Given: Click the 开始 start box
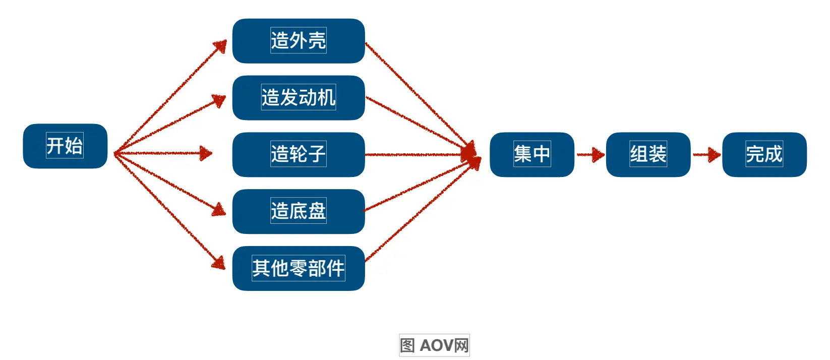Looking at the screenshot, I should (x=65, y=146).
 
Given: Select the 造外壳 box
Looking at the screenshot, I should (x=298, y=41).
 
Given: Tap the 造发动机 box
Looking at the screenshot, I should (x=298, y=98).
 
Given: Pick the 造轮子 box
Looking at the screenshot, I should (x=298, y=154).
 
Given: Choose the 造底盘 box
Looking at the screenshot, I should (x=298, y=211).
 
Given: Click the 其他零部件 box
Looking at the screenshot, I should (x=298, y=268).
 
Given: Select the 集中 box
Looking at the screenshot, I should (x=532, y=154).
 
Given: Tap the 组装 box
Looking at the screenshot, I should (x=648, y=154).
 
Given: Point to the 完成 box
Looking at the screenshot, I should (x=764, y=154).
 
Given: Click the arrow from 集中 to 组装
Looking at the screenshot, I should (x=590, y=154).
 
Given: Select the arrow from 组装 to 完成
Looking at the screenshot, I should (x=706, y=154).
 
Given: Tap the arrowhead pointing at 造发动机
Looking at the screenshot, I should (x=219, y=100).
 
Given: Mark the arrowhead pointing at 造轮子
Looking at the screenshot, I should (x=205, y=153).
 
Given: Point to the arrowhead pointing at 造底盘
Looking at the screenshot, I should (x=219, y=209).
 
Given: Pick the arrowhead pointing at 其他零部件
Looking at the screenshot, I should (x=219, y=263).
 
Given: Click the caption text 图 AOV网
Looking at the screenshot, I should (x=434, y=345).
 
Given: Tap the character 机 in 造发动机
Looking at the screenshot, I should (x=326, y=98).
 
